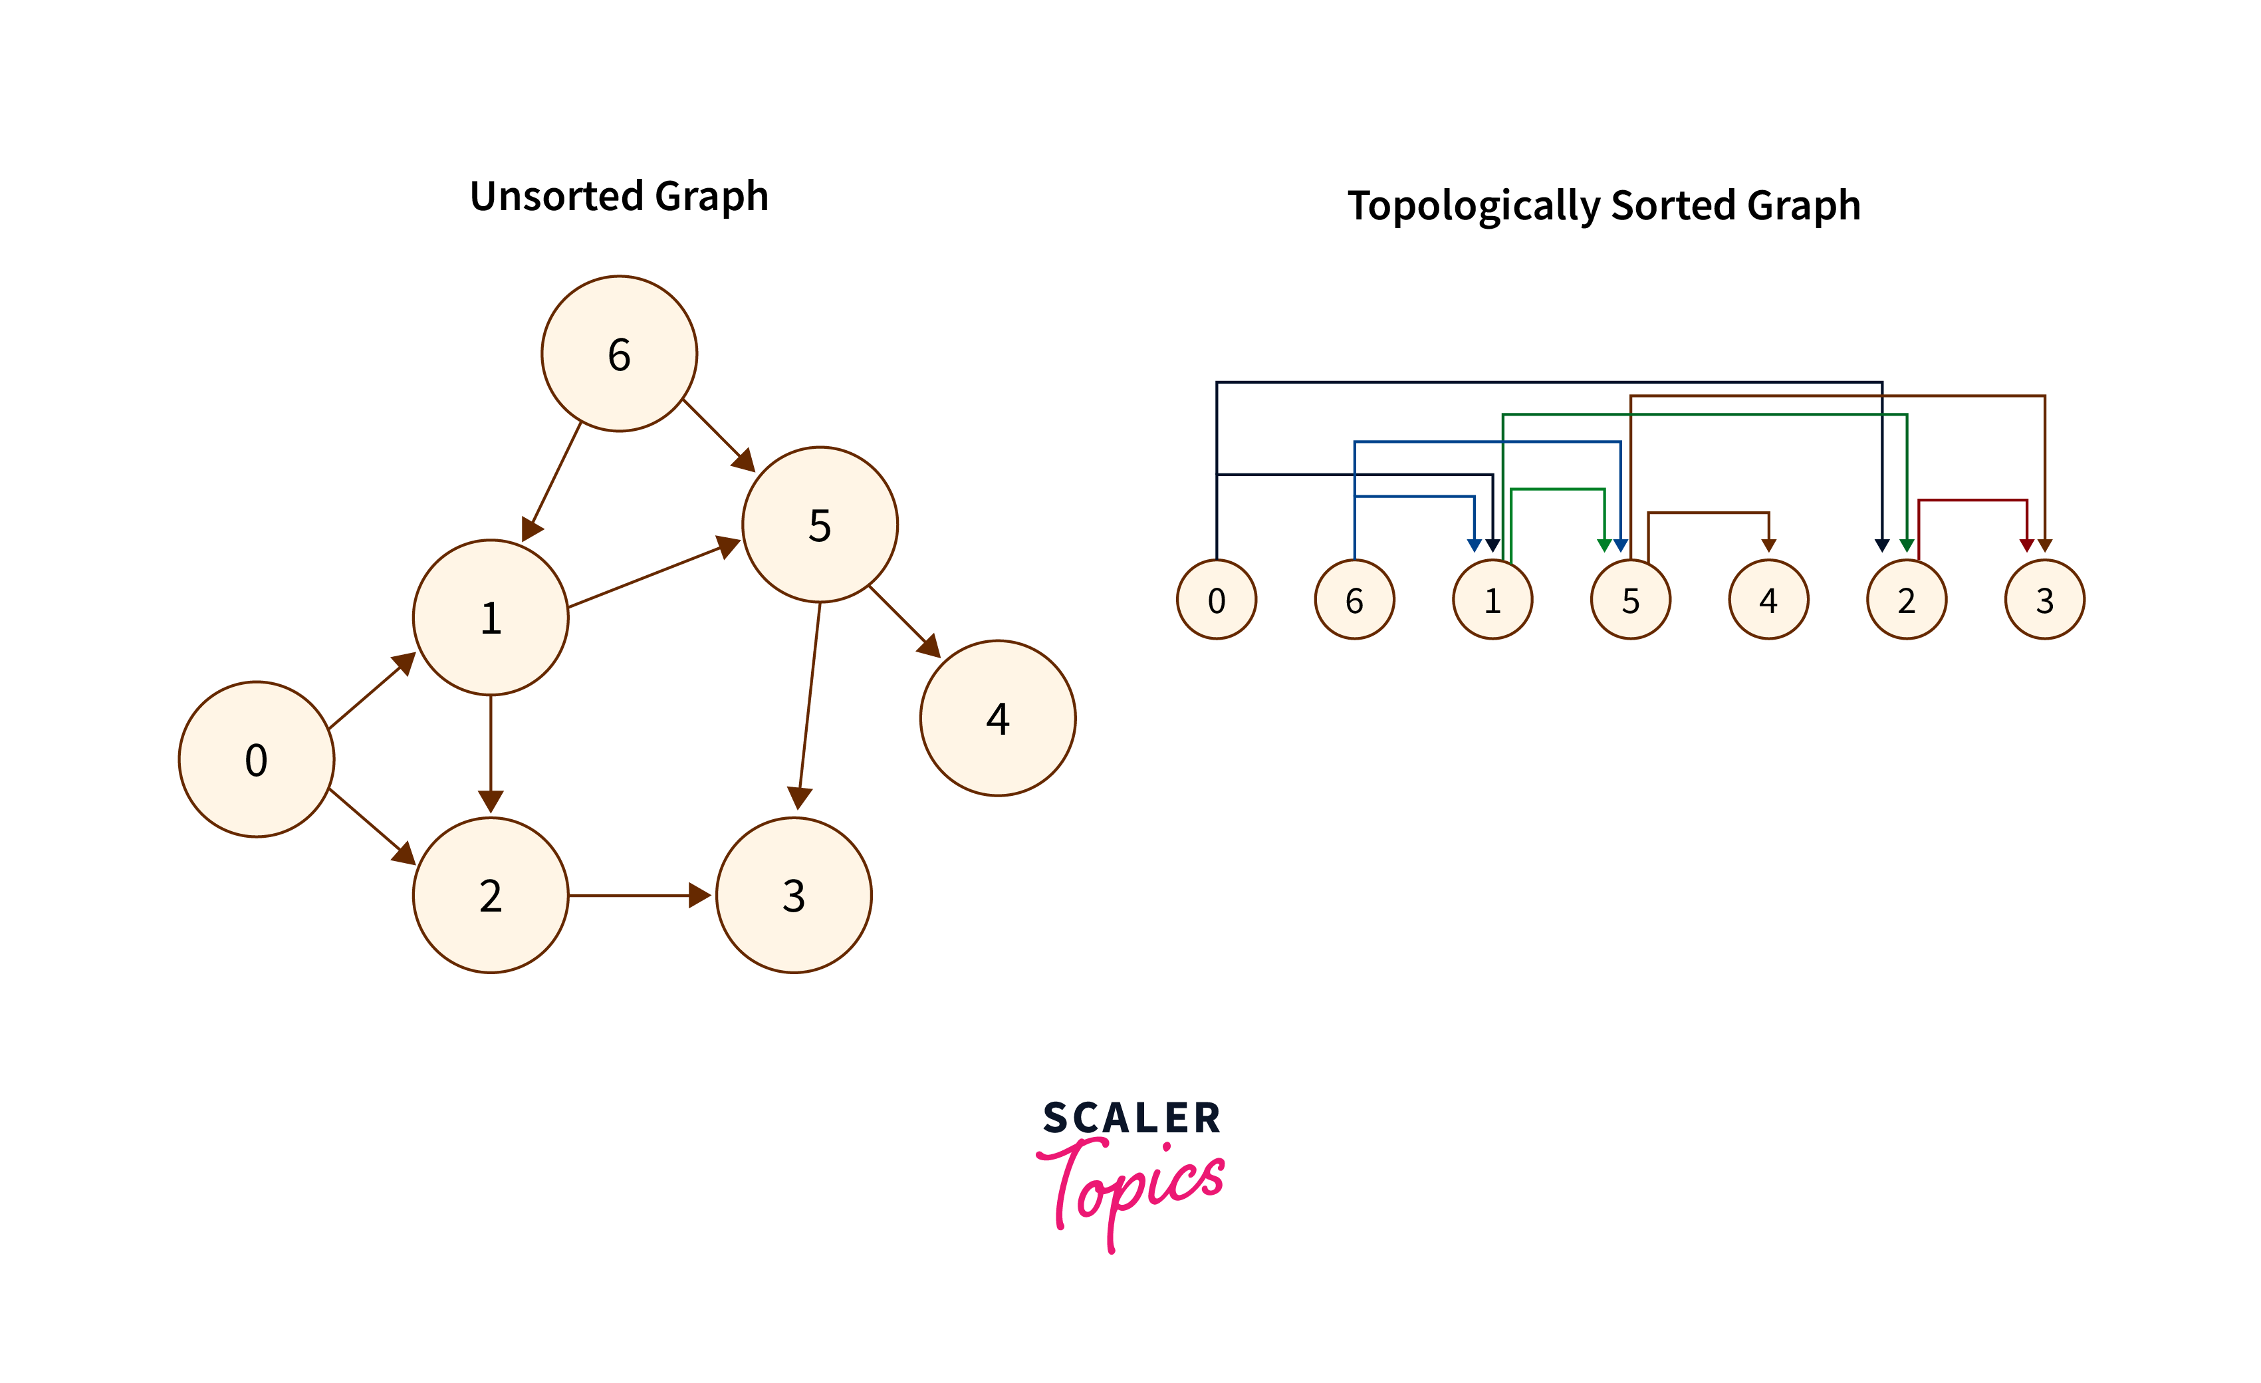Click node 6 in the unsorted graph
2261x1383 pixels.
click(x=620, y=354)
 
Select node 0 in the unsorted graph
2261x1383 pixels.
click(x=256, y=760)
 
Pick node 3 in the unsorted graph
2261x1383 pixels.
click(x=794, y=896)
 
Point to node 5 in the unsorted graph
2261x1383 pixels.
click(x=820, y=525)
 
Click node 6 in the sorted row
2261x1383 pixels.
click(x=1354, y=600)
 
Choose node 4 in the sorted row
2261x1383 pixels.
click(x=1768, y=600)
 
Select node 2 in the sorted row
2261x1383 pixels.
click(x=1906, y=600)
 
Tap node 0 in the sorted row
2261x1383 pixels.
click(x=1217, y=600)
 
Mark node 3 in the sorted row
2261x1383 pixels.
click(x=2044, y=600)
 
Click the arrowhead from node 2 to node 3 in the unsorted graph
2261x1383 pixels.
click(x=699, y=896)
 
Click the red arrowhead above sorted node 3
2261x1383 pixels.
click(x=2026, y=545)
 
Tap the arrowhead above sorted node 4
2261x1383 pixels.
click(x=1768, y=545)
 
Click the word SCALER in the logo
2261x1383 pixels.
click(x=1131, y=1118)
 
